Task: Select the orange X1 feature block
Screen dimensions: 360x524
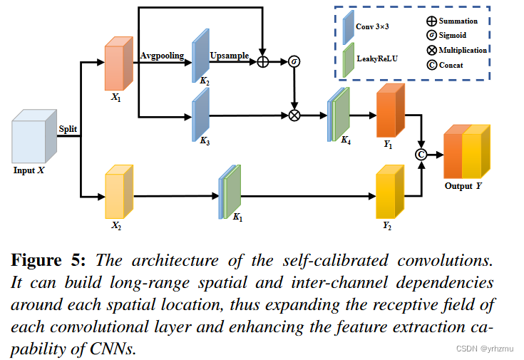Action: (x=118, y=66)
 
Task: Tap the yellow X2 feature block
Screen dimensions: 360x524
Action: (x=118, y=193)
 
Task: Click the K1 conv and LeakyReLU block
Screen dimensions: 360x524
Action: (x=230, y=190)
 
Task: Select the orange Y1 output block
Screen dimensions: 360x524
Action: (x=389, y=111)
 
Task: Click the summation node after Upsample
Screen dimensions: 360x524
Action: (x=263, y=62)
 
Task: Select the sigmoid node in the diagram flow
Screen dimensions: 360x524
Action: (x=294, y=62)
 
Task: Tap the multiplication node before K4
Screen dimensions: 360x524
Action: (x=294, y=114)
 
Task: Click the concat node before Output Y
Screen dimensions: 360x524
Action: (x=421, y=153)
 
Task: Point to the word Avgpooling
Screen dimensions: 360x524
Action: (x=163, y=55)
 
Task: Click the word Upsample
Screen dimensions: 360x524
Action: (x=229, y=55)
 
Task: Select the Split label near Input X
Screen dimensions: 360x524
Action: (x=68, y=128)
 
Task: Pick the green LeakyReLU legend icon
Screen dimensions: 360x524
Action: (x=347, y=59)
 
